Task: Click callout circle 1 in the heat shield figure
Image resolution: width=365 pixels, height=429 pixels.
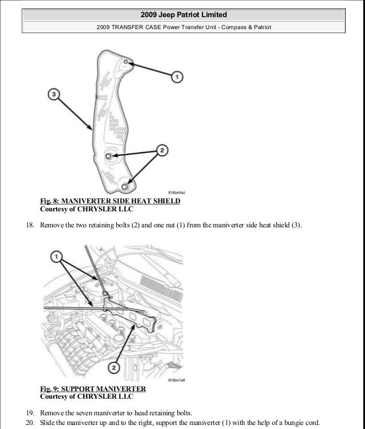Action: pos(177,75)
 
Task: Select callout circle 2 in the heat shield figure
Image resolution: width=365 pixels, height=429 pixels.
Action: pos(161,151)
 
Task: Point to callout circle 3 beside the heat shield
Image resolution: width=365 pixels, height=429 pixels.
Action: pos(53,94)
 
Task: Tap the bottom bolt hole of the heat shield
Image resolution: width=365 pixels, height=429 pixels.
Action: pos(125,185)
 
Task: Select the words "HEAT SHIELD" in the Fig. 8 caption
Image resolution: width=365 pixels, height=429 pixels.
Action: pos(155,201)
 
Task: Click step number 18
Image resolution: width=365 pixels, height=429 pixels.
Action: pos(31,225)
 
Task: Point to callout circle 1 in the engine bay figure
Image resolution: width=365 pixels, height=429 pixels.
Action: pos(56,258)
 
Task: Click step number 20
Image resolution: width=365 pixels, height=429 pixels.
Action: pos(31,423)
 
